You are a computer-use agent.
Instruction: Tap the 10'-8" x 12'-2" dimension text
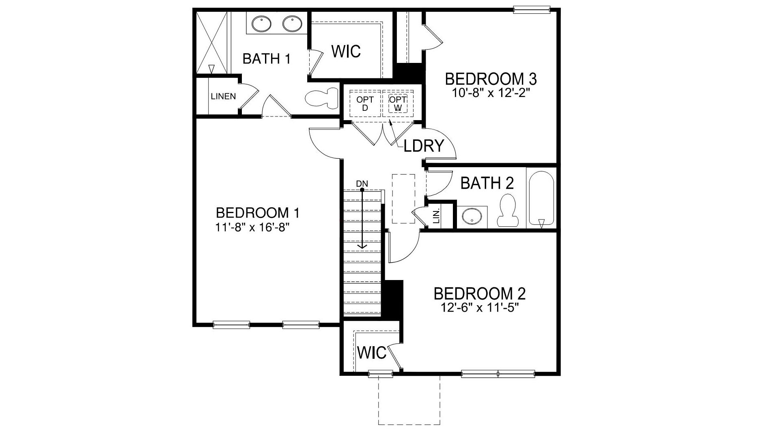[x=491, y=93]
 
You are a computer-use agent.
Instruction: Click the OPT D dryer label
[x=364, y=103]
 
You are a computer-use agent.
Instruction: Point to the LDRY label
[x=424, y=146]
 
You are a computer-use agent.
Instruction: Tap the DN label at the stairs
[x=362, y=184]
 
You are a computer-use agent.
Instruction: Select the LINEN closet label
[x=223, y=97]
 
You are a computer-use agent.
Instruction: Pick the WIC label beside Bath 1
[x=346, y=52]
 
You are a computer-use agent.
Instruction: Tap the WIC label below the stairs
[x=372, y=353]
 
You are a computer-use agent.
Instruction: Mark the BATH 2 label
[x=487, y=183]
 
